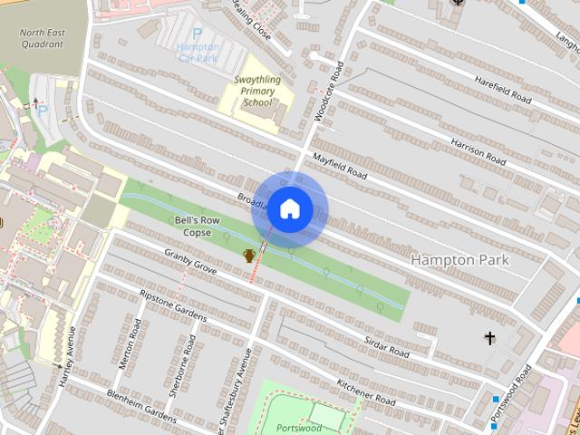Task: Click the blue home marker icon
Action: (289, 209)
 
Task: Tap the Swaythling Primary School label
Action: (257, 92)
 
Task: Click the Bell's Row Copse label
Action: (192, 227)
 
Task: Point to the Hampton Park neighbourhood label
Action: (459, 260)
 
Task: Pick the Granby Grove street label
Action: (190, 261)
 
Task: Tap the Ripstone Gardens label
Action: (173, 306)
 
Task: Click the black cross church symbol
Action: (490, 339)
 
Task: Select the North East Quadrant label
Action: (43, 38)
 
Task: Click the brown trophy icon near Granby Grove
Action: (248, 256)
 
